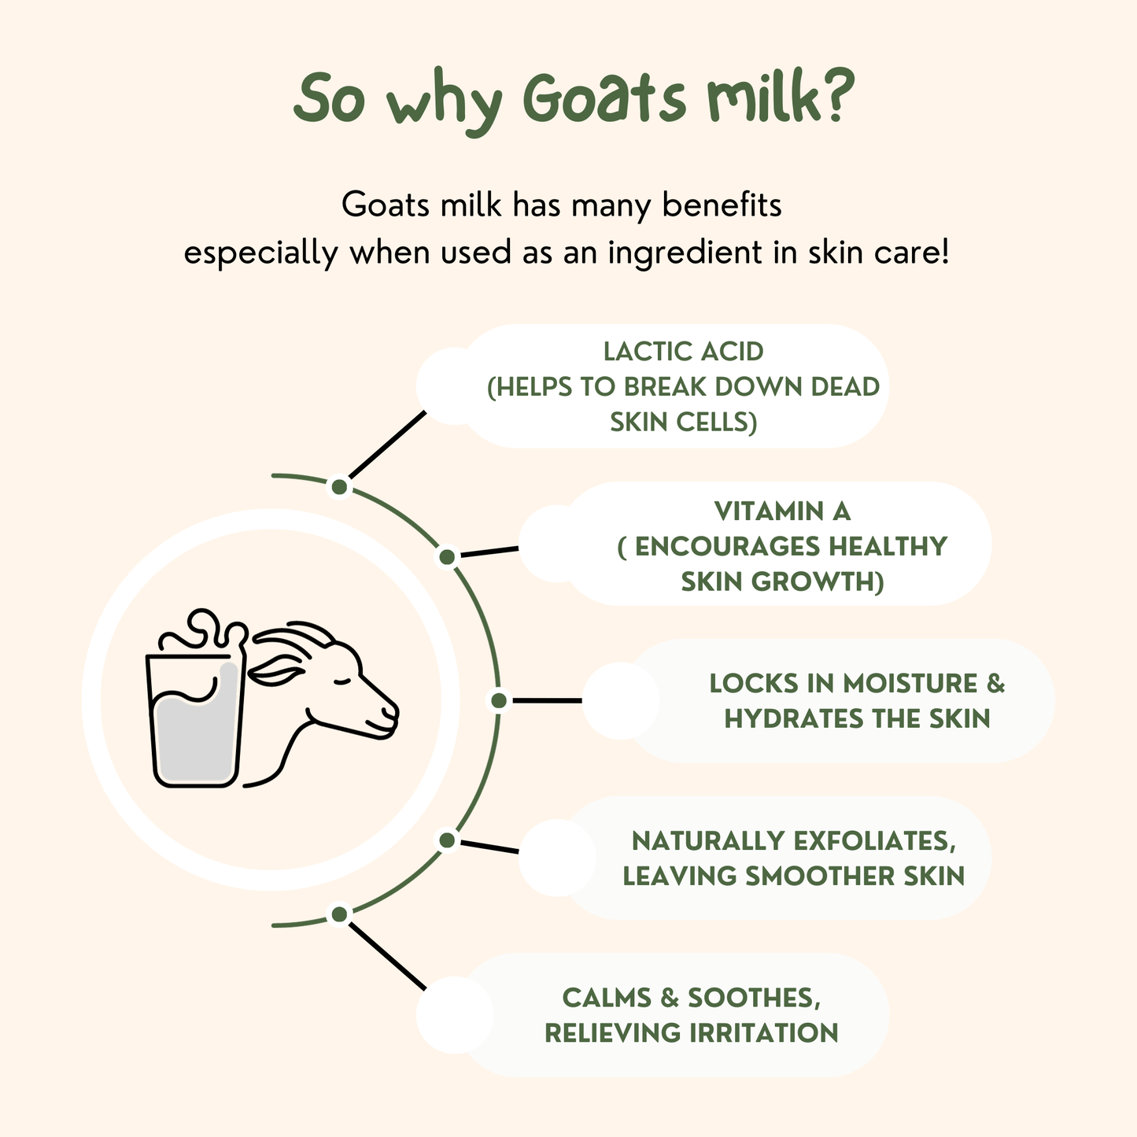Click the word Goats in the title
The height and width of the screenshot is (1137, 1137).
click(604, 101)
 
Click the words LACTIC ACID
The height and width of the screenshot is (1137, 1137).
click(683, 352)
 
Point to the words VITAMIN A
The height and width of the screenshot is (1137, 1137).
click(782, 511)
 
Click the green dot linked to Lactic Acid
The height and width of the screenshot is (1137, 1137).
click(339, 487)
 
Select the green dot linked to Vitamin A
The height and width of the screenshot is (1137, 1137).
click(447, 557)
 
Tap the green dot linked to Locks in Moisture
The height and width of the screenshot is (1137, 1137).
click(498, 700)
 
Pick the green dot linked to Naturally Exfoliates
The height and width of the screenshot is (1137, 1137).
click(447, 840)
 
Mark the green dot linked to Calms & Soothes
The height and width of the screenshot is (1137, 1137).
click(339, 914)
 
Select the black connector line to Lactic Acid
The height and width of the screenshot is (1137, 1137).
click(386, 445)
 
